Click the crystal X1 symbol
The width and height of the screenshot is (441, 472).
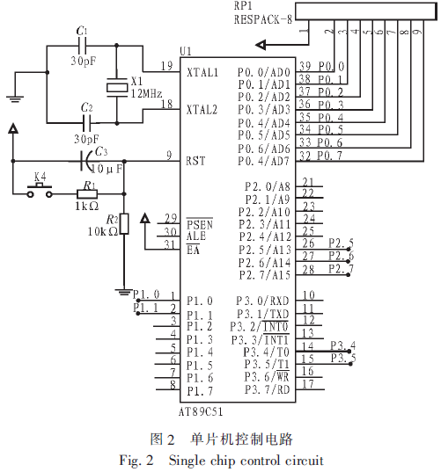tap(117, 87)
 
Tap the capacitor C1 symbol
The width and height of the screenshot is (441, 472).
tap(82, 46)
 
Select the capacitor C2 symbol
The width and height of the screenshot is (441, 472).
tap(87, 123)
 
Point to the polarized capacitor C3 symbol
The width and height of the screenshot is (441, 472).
tap(86, 162)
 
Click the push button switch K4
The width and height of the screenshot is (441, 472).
tap(40, 190)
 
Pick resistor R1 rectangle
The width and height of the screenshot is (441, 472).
tap(87, 194)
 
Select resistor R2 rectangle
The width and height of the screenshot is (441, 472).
tap(124, 224)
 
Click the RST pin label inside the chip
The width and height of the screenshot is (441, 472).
tap(195, 161)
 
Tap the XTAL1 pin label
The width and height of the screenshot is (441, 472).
tap(202, 73)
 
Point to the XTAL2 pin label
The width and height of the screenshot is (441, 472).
tap(202, 110)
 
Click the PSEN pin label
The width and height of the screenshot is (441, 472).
tap(200, 224)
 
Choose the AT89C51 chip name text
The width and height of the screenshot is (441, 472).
tap(201, 411)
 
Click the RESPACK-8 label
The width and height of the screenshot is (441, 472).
tap(263, 19)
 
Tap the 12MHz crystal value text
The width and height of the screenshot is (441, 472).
tap(146, 94)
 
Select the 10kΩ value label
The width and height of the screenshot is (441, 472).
tap(103, 231)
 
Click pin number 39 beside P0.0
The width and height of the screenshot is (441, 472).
tap(305, 66)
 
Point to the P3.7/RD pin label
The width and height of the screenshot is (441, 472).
tap(267, 389)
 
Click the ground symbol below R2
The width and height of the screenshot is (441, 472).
tap(123, 292)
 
